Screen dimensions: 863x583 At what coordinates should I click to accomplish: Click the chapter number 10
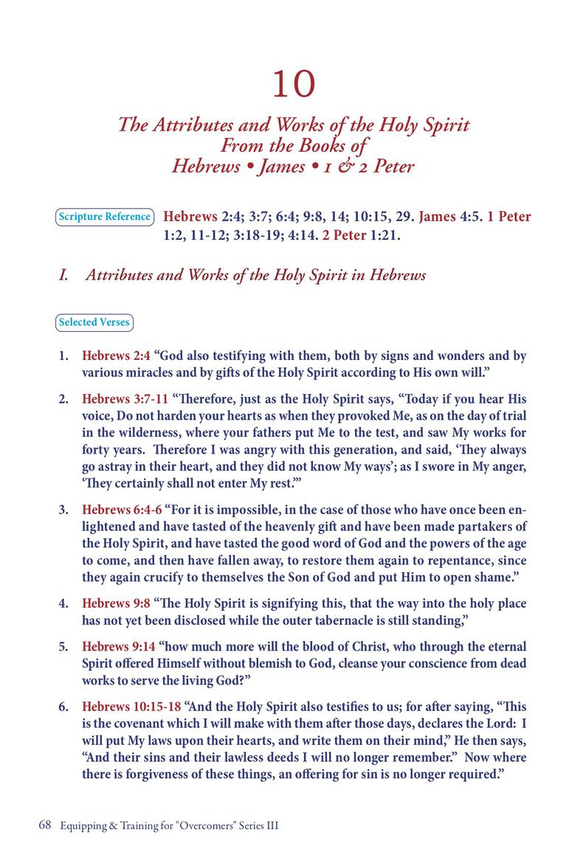click(x=294, y=85)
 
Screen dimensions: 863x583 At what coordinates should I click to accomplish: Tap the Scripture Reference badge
click(x=104, y=217)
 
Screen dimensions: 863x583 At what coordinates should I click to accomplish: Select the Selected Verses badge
click(x=94, y=322)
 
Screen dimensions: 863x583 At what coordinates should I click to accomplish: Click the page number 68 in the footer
click(x=44, y=826)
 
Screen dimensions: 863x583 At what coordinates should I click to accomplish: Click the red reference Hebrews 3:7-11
click(x=125, y=399)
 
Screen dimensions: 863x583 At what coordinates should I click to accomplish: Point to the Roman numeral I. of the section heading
click(x=63, y=276)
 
